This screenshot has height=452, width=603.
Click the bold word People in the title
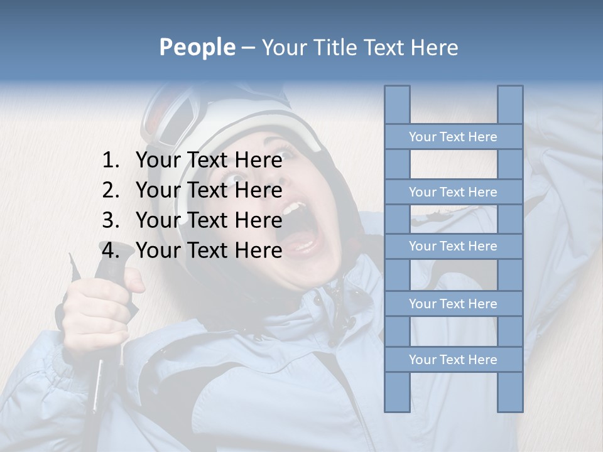point(197,48)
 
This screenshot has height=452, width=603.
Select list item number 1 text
point(209,161)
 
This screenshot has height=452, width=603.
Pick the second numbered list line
point(209,190)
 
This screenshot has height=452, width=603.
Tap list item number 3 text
point(209,220)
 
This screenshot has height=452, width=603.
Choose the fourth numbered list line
point(209,250)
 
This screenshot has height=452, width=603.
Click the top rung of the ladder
point(453,137)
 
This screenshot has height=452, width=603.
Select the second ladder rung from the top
point(453,192)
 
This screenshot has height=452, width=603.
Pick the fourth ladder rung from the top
point(453,304)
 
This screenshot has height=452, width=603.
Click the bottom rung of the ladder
point(453,360)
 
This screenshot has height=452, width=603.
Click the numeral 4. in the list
point(110,250)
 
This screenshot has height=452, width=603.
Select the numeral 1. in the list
point(110,161)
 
